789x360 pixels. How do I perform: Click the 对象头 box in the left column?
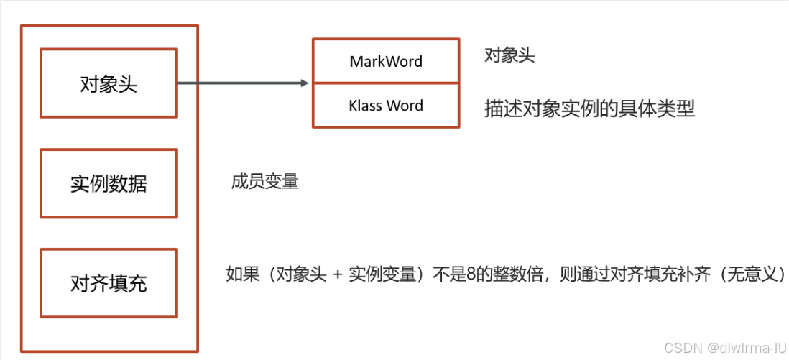109,83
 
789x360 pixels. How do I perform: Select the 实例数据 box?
109,183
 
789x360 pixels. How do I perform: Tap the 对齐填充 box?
109,283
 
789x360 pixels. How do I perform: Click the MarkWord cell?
386,62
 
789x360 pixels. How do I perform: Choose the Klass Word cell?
386,106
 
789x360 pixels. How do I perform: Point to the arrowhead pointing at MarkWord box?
305,83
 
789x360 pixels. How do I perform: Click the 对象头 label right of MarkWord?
509,56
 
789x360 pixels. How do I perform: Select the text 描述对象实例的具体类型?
589,109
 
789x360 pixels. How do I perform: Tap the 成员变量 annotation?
264,181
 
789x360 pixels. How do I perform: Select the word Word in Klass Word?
405,106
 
